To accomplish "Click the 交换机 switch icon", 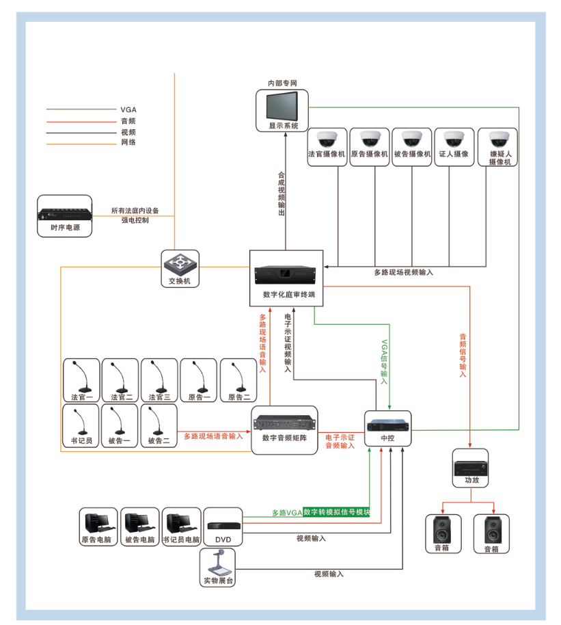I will (x=180, y=265).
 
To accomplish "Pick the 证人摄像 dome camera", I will (x=454, y=139).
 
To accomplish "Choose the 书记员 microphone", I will (x=81, y=422).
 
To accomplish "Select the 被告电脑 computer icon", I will (x=139, y=522).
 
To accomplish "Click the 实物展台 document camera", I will (x=217, y=565).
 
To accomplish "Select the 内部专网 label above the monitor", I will (x=282, y=83).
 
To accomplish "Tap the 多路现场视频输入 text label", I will (x=403, y=272).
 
